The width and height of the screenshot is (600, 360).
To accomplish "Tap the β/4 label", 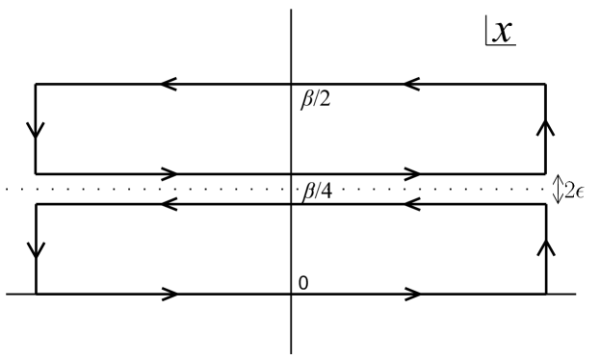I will [317, 190].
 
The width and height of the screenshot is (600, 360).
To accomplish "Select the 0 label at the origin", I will [303, 282].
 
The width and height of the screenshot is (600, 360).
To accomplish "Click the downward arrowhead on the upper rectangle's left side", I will [36, 129].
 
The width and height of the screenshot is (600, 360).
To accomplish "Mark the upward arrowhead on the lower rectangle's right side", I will [546, 247].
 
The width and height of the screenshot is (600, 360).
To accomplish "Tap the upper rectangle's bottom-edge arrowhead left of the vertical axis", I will [170, 174].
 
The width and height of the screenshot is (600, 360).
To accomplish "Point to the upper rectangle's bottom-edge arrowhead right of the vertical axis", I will [413, 174].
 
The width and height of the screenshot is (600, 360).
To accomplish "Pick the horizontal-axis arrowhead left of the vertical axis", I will [170, 294].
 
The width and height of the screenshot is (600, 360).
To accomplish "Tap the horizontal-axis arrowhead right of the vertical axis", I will [413, 294].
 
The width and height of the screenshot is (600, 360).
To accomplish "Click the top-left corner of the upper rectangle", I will [36, 85].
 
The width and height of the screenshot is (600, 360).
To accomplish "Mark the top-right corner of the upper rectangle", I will [546, 85].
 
